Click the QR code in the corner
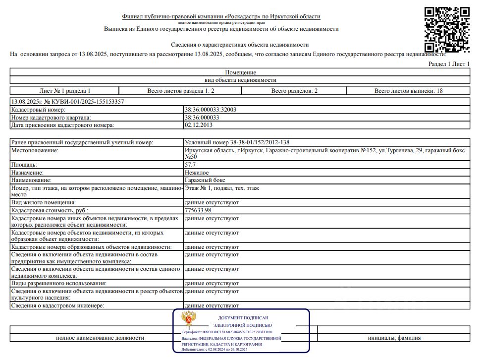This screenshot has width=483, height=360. pos(447,29)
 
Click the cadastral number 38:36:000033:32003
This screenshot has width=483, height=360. pos(211,110)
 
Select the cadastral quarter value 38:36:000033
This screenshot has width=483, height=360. pos(202,118)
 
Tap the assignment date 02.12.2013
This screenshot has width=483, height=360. pos(198,125)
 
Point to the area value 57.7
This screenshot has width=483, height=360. pos(190,164)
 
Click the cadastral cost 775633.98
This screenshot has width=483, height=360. pos(201,211)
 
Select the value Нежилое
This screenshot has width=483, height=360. pos(196,172)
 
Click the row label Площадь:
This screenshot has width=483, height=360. pos(24,164)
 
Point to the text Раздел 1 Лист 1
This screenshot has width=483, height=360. pos(449,64)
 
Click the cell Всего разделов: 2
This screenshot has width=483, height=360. pos(294,91)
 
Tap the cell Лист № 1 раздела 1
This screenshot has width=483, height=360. pos(64,91)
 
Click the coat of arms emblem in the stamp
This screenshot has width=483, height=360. pos(188,318)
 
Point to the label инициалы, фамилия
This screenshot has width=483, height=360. pos(394,338)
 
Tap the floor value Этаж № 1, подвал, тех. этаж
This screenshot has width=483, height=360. pos(222,188)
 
